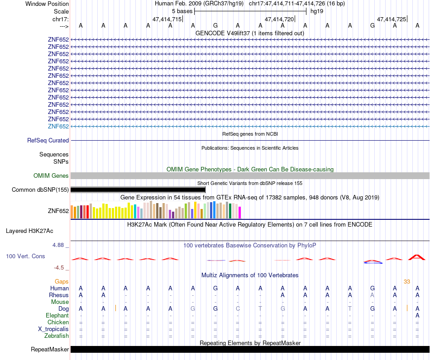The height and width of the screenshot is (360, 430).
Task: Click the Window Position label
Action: [47, 4]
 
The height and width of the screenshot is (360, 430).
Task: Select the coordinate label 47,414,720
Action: [279, 19]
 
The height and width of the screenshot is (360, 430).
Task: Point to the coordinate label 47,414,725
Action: [392, 19]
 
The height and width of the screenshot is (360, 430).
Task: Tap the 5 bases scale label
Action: [182, 11]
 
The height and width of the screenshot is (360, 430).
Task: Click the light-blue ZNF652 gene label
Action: [58, 126]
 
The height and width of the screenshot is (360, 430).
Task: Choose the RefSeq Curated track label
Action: [48, 141]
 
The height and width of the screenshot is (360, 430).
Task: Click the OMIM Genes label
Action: [51, 176]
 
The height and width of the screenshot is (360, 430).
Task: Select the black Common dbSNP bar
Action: [138, 190]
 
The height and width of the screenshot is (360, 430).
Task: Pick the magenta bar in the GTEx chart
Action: [240, 212]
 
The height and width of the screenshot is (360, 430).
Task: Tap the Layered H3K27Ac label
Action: [29, 231]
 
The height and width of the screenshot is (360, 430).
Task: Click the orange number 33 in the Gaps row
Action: [407, 281]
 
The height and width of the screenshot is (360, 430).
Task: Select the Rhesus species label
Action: [59, 295]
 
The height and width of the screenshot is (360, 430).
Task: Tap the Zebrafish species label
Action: [57, 336]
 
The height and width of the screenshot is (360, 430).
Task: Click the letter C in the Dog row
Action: [238, 308]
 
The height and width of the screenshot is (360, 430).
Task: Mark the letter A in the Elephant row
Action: [417, 315]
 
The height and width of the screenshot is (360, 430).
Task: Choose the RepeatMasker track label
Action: [50, 350]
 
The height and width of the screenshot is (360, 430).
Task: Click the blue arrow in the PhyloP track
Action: [373, 263]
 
